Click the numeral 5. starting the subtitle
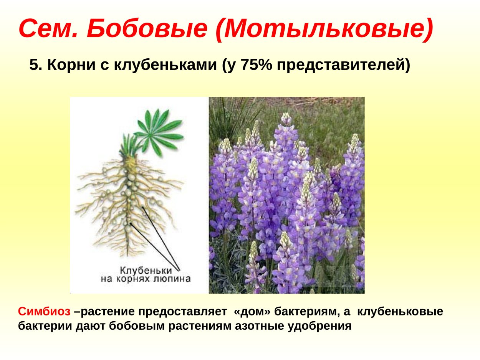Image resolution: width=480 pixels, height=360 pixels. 36,66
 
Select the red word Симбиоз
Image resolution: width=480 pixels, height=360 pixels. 44,312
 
